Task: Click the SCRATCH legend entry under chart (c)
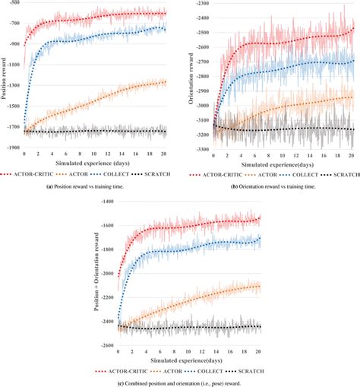[x=245, y=370]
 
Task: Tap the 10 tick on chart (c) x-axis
[x=188, y=353]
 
